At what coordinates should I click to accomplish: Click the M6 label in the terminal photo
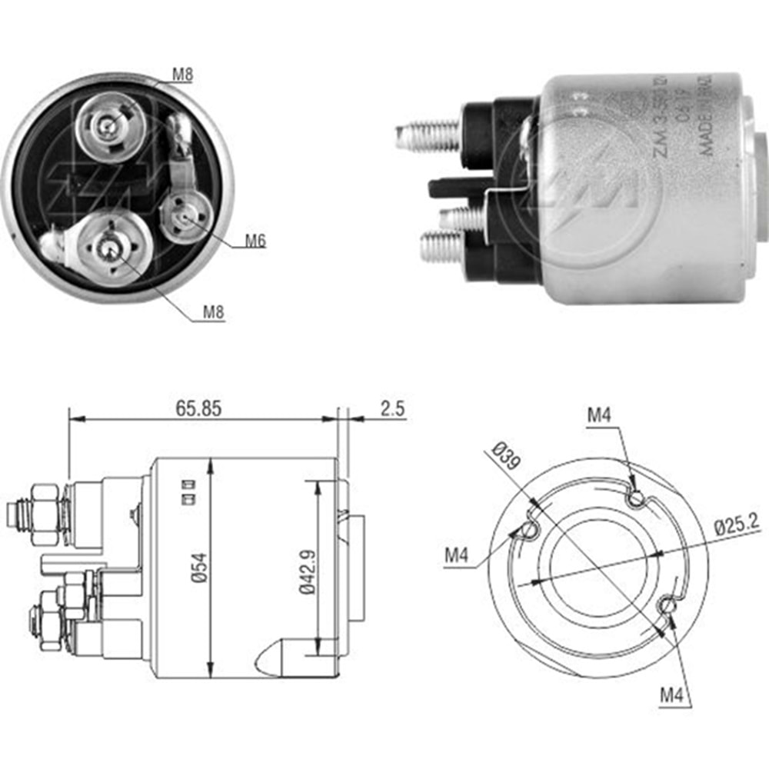point(255,241)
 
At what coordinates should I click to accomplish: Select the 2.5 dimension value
point(392,408)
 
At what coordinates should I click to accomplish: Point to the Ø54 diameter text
point(199,567)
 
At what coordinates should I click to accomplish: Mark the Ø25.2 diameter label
point(737,527)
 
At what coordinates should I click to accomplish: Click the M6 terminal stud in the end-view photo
point(185,218)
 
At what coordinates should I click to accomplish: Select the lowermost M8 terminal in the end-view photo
point(108,248)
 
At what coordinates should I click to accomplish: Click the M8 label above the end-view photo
point(182,75)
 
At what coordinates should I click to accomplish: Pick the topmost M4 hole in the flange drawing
point(635,499)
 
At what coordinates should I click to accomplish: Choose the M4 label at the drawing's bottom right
point(671,696)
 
